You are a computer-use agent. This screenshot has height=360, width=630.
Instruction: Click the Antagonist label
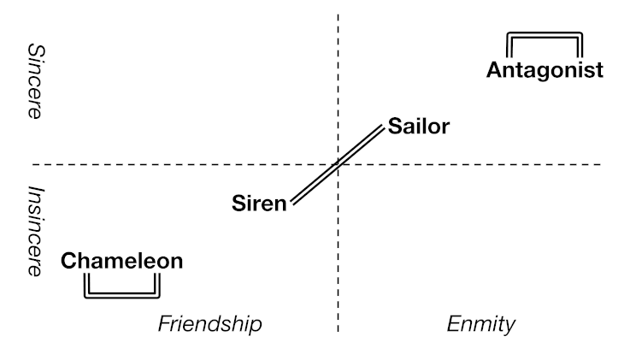[x=545, y=69]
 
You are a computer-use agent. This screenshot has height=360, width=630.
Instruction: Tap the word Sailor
[x=418, y=127]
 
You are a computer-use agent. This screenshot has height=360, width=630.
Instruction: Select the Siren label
[x=258, y=204]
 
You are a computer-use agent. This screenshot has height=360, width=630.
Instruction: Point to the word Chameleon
[x=122, y=261]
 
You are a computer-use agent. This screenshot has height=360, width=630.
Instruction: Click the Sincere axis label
[x=35, y=81]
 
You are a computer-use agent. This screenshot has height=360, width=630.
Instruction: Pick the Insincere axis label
[x=35, y=231]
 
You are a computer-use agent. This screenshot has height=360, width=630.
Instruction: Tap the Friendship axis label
[x=209, y=324]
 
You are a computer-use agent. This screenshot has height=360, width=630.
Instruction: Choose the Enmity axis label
[x=481, y=324]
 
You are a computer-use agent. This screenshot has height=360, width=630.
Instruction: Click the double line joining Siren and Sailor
[x=338, y=164]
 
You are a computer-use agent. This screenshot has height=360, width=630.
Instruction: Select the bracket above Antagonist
[x=545, y=35]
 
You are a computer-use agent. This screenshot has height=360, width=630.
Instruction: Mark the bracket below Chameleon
[x=122, y=296]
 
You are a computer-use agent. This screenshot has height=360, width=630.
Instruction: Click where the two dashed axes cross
[x=339, y=163]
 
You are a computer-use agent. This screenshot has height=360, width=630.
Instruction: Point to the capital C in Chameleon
[x=69, y=261]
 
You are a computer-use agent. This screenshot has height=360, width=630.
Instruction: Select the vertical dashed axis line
[x=339, y=257]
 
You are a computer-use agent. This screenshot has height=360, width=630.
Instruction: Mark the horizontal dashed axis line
[x=171, y=163]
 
